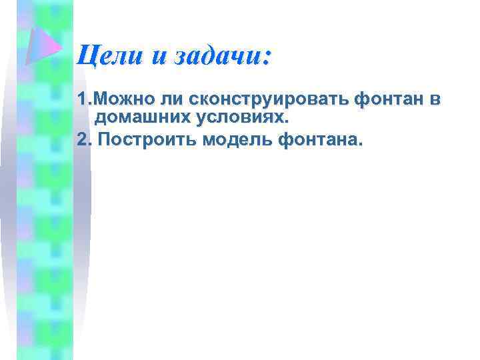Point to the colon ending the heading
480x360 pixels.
(x=267, y=57)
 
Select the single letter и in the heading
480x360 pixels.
(x=159, y=57)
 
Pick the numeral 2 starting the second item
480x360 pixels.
(x=82, y=141)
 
